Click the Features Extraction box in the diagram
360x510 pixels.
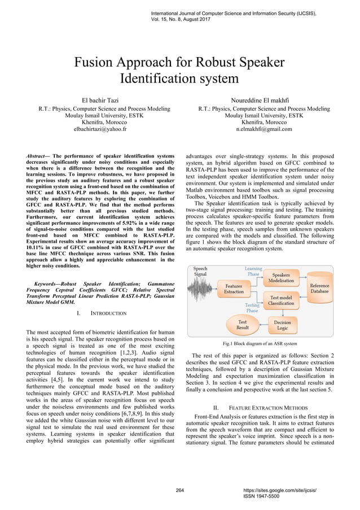click(234, 289)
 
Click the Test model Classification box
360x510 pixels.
click(281, 300)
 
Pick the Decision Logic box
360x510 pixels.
click(282, 325)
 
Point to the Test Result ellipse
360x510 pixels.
click(242, 325)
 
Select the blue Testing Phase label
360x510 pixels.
click(252, 308)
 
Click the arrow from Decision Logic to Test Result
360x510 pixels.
click(262, 325)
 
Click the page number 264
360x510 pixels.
click(180, 490)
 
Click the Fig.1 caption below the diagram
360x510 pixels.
click(260, 343)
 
